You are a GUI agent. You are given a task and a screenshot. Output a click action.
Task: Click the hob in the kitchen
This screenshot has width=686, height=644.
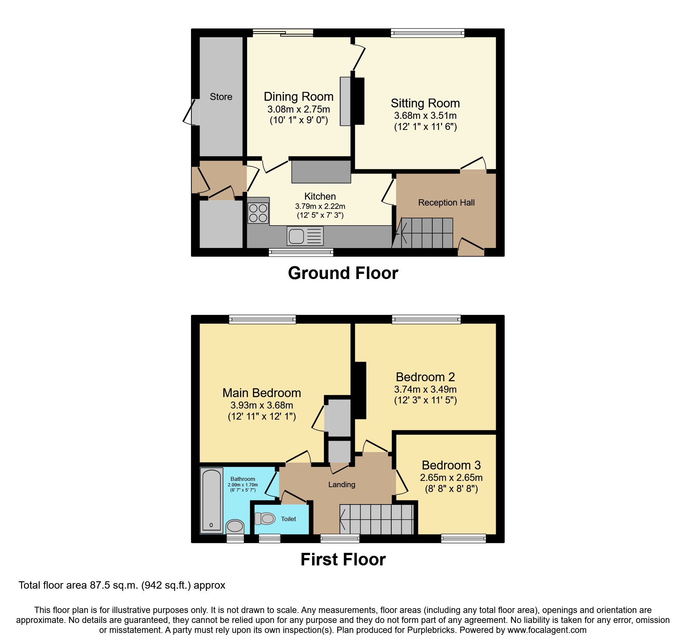tap(258, 213)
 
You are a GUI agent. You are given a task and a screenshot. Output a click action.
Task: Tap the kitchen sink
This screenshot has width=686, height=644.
tap(305, 236)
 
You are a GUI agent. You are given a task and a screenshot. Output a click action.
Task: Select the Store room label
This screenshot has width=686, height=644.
tap(221, 97)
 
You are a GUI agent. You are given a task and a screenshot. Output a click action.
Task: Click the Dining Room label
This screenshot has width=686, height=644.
tap(298, 97)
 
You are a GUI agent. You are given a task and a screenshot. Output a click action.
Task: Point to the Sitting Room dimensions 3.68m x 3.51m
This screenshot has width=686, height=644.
tap(425, 116)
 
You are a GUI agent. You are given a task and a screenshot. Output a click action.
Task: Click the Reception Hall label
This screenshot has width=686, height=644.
tap(446, 203)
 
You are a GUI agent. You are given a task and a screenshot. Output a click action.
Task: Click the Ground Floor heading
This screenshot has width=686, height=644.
tap(343, 273)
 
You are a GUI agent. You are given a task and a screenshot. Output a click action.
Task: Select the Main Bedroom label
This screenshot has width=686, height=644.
tap(261, 393)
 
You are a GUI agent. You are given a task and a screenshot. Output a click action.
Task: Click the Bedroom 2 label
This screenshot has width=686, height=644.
tap(425, 377)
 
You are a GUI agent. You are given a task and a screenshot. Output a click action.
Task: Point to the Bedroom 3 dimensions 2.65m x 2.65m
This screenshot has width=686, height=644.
tap(451, 478)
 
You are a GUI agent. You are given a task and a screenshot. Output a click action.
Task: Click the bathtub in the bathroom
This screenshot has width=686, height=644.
tap(212, 500)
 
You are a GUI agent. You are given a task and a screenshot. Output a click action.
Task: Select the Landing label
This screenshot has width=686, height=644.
tap(342, 485)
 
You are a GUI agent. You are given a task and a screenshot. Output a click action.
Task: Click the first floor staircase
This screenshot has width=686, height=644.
tap(376, 520)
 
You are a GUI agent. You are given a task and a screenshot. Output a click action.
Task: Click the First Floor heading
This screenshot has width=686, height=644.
tap(343, 559)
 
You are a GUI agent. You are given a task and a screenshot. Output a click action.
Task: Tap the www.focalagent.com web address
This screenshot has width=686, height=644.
tap(547, 630)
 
